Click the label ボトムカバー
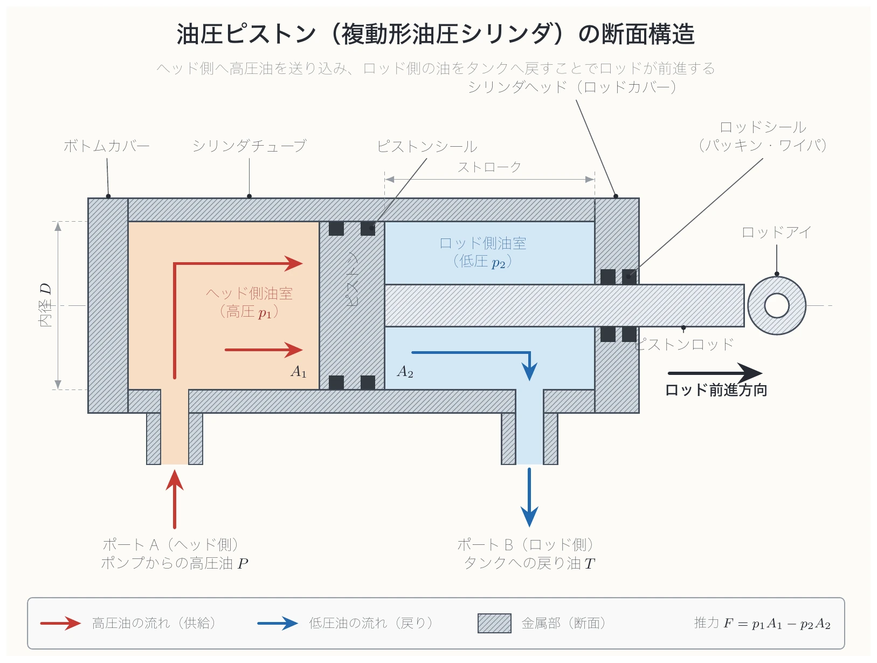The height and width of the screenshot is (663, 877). tap(106, 146)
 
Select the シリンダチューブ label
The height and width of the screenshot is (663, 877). tap(250, 146)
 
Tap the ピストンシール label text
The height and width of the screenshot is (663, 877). tap(427, 146)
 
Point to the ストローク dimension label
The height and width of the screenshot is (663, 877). tap(489, 167)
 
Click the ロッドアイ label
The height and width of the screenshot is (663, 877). tap(776, 232)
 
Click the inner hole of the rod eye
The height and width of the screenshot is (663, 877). tap(776, 305)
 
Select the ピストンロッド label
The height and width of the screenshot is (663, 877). tap(685, 344)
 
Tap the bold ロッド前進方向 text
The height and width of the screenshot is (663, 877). tap(716, 389)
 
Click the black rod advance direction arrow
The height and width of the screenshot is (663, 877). tap(715, 373)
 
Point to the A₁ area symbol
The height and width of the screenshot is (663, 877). tap(299, 372)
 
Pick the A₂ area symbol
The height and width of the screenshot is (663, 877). tap(405, 372)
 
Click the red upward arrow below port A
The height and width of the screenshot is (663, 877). tap(175, 499)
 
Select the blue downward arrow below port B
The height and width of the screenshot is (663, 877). tap(529, 497)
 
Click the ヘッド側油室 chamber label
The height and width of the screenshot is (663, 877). tap(250, 293)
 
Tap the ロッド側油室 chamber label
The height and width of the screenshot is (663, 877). tap(482, 243)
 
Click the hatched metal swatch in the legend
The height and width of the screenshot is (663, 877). tap(494, 623)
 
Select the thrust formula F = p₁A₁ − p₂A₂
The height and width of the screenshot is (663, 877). tap(762, 623)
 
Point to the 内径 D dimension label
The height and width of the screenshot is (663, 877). tap(46, 305)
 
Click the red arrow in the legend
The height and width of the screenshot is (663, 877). tap(60, 623)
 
